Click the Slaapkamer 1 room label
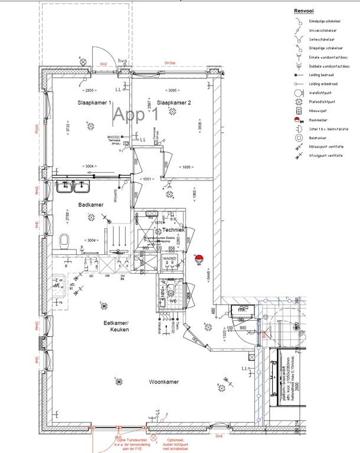click(94, 103)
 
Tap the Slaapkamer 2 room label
click(175, 103)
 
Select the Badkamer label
click(91, 205)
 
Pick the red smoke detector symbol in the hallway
click(199, 258)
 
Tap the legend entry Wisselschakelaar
click(323, 29)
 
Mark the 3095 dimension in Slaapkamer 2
click(172, 90)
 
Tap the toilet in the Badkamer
click(65, 241)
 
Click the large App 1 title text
click(136, 114)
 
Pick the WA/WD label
click(169, 259)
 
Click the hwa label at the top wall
click(123, 61)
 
